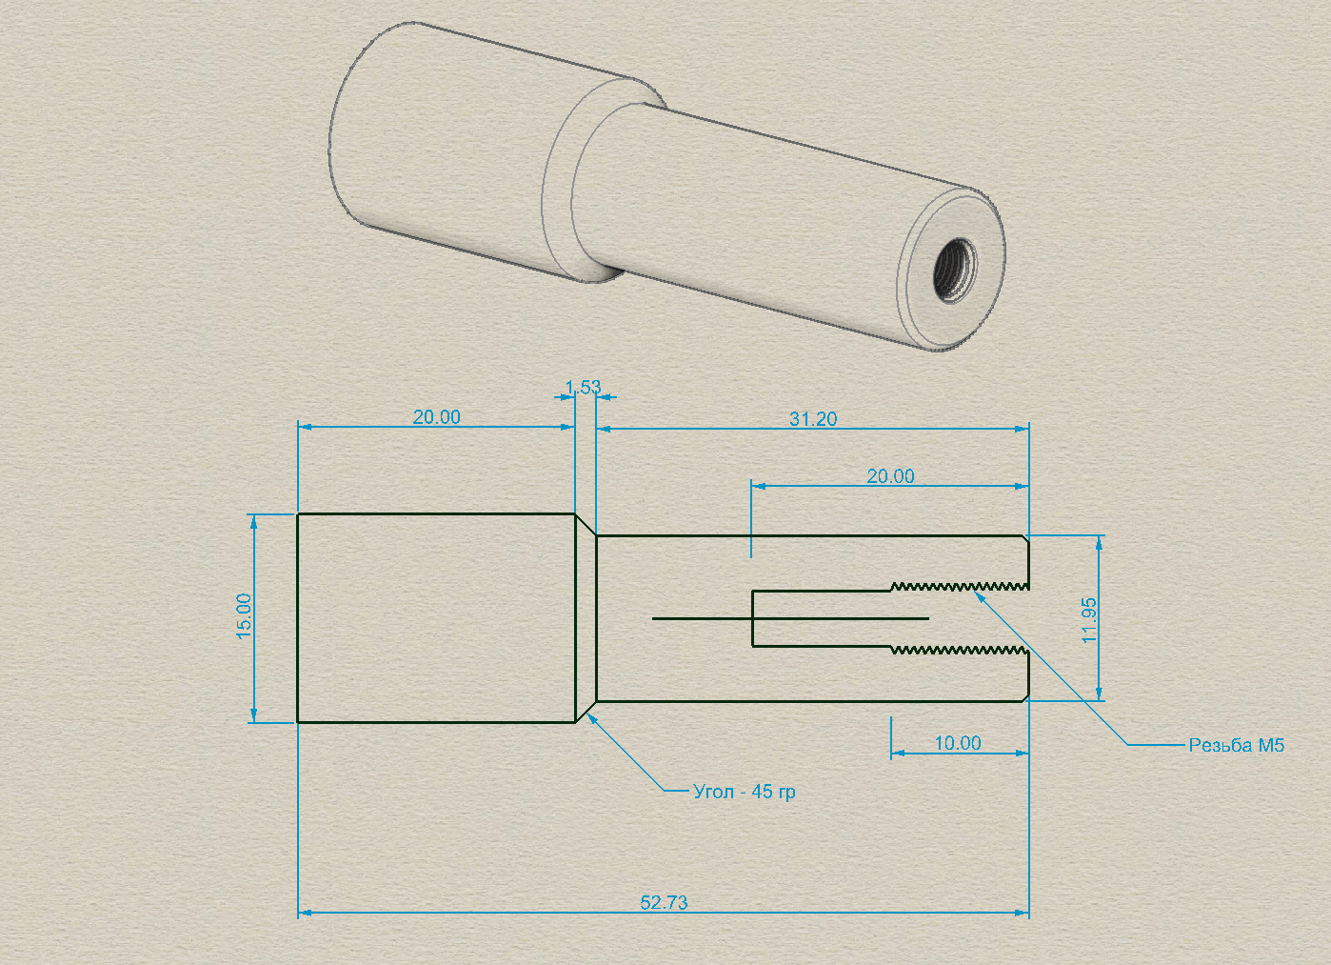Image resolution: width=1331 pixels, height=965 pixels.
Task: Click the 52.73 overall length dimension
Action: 664,902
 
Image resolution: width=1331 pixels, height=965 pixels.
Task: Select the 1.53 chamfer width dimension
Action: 583,388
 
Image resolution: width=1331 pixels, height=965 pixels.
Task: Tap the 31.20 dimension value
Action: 813,419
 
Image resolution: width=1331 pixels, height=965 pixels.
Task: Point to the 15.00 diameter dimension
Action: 245,616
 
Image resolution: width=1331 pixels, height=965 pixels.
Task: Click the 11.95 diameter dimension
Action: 1089,620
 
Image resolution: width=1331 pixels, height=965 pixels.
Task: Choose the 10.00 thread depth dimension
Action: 958,743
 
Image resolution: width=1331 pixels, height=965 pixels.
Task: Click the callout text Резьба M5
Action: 1236,745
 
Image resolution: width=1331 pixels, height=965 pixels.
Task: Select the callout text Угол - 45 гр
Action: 744,792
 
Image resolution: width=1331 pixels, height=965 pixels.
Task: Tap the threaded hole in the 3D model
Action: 954,271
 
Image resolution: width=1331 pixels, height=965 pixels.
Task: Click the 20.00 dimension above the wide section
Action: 436,417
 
